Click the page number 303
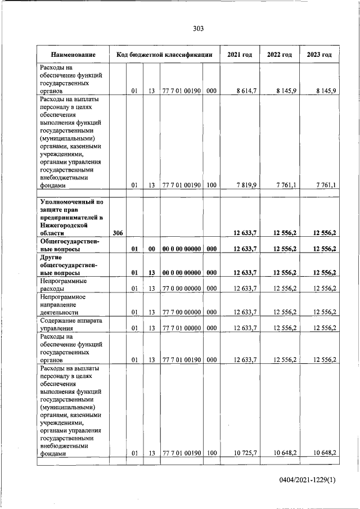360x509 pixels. (197, 29)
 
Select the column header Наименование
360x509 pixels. (73, 55)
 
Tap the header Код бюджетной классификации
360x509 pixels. (164, 55)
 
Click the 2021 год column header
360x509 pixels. (239, 55)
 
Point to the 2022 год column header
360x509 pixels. (279, 55)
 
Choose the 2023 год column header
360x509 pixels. (319, 55)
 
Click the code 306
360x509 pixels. (118, 233)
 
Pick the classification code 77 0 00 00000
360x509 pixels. (181, 289)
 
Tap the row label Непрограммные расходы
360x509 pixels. (59, 285)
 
